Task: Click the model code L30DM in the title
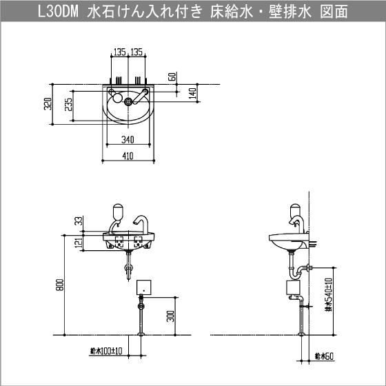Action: (58, 11)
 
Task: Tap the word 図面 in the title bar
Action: (334, 11)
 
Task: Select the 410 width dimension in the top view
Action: (128, 156)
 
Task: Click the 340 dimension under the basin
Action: (128, 139)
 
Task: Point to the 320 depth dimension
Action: (48, 104)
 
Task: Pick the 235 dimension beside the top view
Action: (69, 104)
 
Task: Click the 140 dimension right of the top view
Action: (193, 93)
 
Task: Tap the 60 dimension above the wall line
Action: (173, 77)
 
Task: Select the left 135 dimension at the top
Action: (120, 52)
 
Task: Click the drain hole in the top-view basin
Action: (128, 101)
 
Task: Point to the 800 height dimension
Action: (61, 285)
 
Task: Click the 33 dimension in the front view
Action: (79, 221)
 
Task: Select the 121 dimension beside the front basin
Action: (79, 243)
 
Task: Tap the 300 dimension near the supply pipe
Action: (171, 316)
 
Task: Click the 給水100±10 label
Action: (106, 351)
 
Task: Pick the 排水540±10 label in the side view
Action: (329, 295)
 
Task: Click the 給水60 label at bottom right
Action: (324, 356)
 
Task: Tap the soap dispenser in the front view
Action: (118, 212)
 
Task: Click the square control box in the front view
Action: (144, 287)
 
